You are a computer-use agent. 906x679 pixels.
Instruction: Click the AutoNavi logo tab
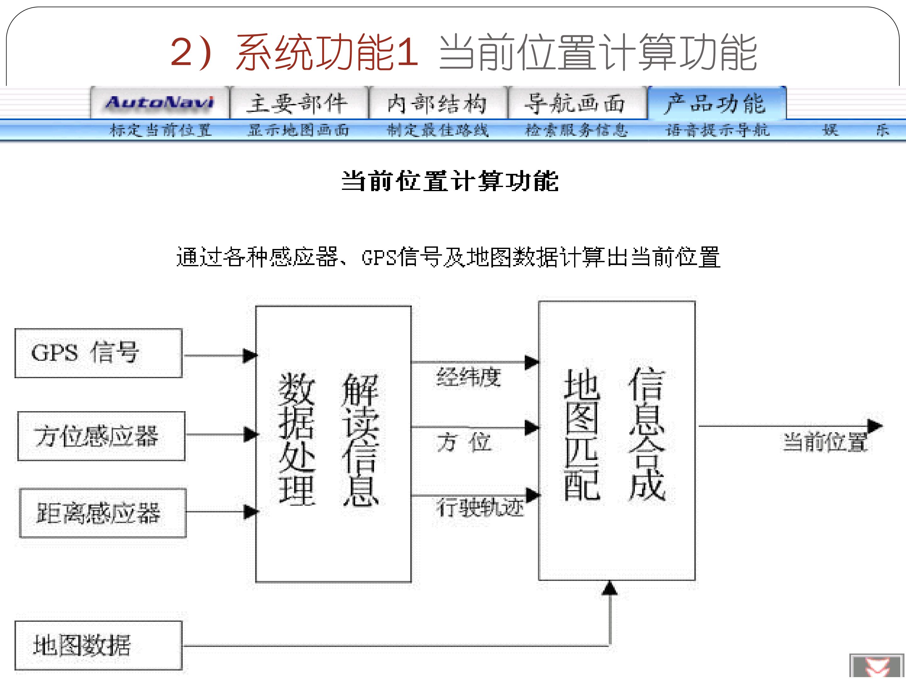(x=160, y=103)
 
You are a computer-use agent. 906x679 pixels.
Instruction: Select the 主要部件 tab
(x=299, y=103)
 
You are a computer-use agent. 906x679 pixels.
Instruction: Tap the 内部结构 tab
(x=438, y=103)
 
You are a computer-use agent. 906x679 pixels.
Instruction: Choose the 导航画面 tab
(x=577, y=103)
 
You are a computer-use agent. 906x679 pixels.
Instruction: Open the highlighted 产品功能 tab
(x=716, y=103)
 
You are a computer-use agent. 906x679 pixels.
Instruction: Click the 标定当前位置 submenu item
(x=160, y=130)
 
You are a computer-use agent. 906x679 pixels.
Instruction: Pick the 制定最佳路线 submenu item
(x=438, y=130)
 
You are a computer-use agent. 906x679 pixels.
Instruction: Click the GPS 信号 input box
(x=98, y=353)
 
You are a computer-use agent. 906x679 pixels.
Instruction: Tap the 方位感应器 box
(x=101, y=436)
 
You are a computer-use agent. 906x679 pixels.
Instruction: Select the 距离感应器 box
(x=103, y=513)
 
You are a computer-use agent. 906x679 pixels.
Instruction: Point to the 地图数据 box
(x=98, y=645)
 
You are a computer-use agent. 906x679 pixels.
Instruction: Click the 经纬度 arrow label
(x=468, y=377)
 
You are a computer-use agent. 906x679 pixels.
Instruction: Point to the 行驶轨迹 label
(x=480, y=507)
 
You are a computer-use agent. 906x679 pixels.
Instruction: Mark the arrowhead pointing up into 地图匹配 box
(x=610, y=588)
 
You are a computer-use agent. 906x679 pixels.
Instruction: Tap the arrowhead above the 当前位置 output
(x=875, y=426)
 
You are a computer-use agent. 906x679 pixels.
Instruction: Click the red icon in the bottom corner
(x=876, y=667)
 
